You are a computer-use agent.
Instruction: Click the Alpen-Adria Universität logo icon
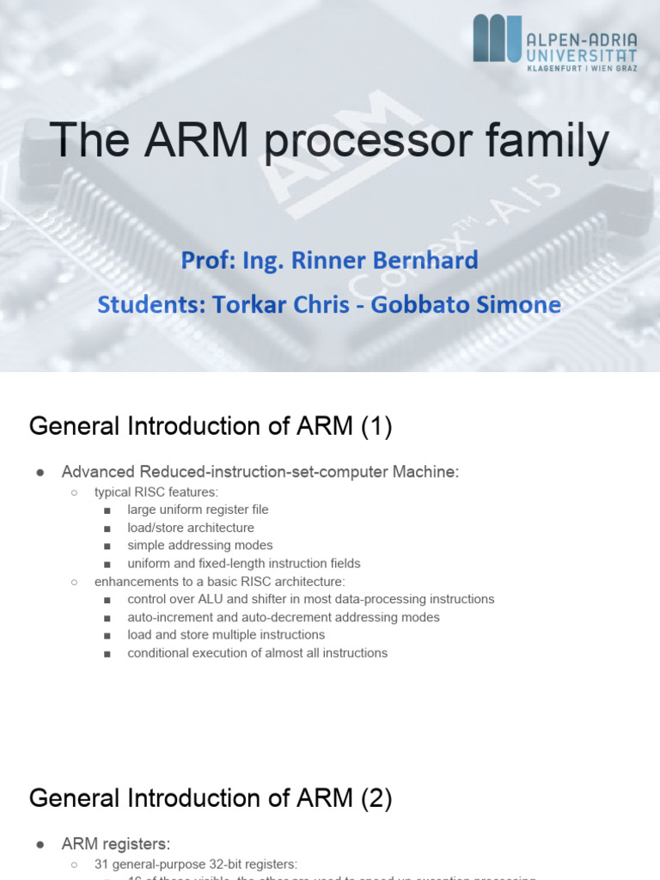tap(498, 38)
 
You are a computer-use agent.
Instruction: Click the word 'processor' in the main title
tap(377, 142)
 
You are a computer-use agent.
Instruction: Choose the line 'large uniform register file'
tap(198, 510)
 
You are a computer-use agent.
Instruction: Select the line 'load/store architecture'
tap(191, 528)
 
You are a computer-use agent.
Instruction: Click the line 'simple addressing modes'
tap(199, 546)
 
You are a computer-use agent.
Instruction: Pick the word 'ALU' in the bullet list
tap(211, 599)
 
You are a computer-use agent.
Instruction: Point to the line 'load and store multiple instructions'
tap(226, 635)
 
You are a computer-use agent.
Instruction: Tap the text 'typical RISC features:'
tap(156, 492)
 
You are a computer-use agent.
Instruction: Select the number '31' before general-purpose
tap(101, 864)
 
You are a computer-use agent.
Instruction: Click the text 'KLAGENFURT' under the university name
tap(555, 68)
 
